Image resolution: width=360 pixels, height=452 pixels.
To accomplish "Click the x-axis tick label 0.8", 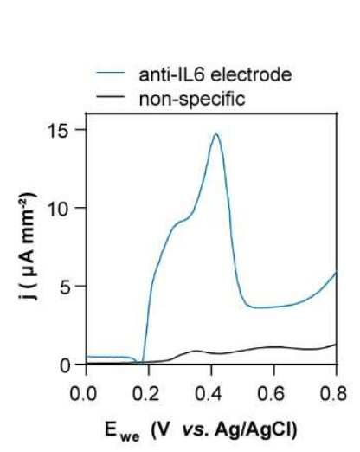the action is (334, 393).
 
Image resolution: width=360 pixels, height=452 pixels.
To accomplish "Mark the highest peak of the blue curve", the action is (216, 134).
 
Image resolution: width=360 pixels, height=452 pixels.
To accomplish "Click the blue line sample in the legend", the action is (111, 73).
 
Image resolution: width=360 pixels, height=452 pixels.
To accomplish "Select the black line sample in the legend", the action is (111, 96).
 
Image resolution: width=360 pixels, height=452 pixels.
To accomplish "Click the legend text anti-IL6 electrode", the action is (215, 74).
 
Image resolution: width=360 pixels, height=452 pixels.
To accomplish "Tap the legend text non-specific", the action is (192, 100).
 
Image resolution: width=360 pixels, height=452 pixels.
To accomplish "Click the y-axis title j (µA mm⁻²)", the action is (28, 246).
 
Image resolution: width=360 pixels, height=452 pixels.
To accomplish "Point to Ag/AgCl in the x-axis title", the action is (255, 429).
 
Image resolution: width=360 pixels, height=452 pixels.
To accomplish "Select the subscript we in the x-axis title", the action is (130, 436).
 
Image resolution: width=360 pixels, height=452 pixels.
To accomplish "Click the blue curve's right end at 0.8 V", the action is (336, 273).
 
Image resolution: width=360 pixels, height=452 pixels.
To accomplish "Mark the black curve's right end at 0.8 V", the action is (336, 345).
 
